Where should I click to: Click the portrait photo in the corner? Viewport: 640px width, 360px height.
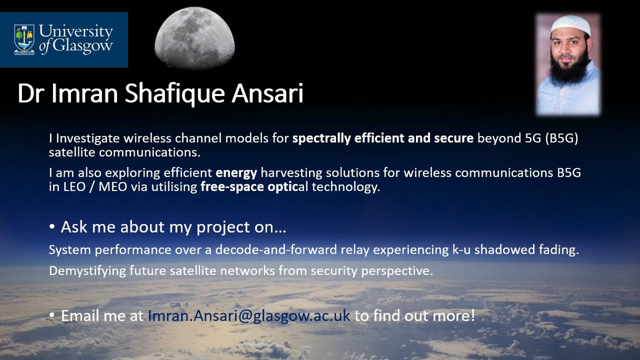click(x=568, y=64)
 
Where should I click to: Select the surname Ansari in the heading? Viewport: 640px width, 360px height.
click(x=267, y=94)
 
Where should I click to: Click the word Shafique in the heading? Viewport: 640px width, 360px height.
click(x=175, y=94)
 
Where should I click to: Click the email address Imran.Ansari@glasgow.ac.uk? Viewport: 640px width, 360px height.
click(x=249, y=316)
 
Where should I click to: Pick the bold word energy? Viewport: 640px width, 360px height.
click(x=236, y=173)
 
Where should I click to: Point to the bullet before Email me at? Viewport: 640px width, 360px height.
click(x=53, y=315)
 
